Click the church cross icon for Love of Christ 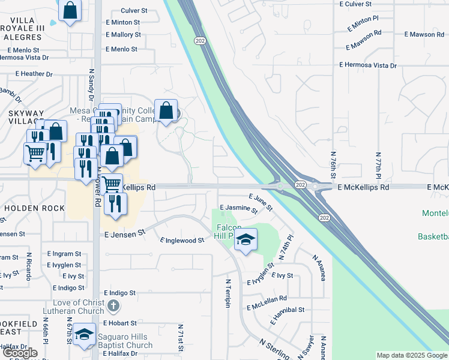113,307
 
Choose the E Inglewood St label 182,241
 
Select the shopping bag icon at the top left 70,10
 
